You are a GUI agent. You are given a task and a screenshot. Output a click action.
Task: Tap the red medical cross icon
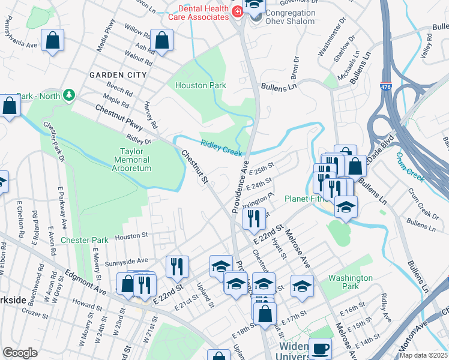237,11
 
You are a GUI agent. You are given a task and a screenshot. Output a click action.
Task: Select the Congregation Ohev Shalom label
290,17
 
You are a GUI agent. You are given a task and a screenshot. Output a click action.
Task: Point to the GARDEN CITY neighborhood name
118,75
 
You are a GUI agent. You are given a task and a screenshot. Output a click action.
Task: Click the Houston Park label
200,85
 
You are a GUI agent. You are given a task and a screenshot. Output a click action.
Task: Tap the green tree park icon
69,95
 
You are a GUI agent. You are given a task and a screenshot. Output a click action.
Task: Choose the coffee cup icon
320,348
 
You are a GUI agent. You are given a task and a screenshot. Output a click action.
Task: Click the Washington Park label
350,283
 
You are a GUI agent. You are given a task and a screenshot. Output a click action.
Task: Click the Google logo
20,352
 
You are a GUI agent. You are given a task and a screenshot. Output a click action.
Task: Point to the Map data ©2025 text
424,355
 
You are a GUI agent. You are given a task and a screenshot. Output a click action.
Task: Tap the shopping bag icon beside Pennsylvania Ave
53,40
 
